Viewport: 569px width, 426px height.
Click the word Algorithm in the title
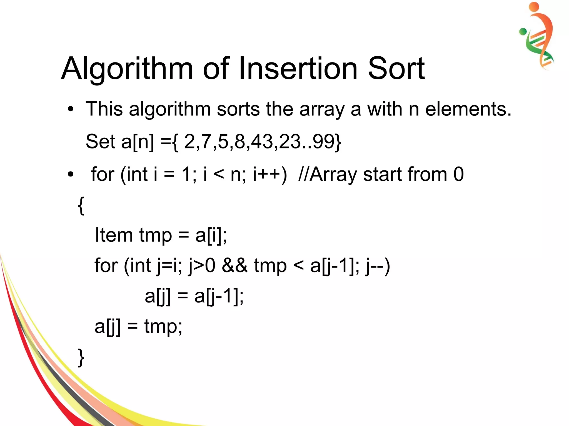pos(127,69)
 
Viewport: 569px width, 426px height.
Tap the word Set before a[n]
pos(100,141)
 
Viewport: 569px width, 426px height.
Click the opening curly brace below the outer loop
pos(81,206)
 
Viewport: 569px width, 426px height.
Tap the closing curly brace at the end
pos(81,358)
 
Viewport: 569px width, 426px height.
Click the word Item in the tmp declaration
pos(113,235)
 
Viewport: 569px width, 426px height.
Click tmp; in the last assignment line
pos(163,327)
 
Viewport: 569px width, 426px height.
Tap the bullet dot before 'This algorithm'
pos(71,109)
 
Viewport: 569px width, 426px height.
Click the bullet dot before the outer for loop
pos(71,175)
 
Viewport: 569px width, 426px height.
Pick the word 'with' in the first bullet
pos(385,109)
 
